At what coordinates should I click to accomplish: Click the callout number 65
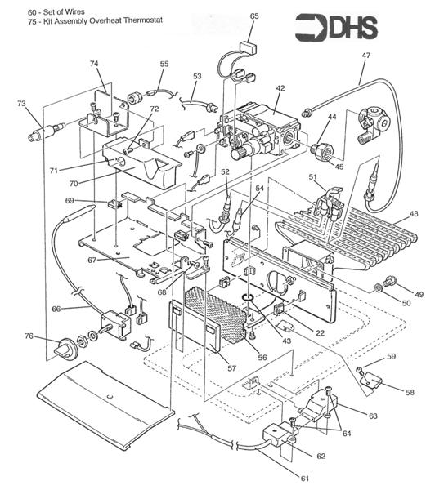tap(254, 16)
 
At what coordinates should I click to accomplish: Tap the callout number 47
tap(365, 55)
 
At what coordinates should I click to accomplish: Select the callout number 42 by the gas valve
tap(280, 87)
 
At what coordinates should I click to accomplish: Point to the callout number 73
tap(21, 104)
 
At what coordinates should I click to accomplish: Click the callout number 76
tap(29, 336)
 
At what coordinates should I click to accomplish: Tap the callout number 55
tap(164, 63)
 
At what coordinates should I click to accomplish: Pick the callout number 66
tap(56, 309)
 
